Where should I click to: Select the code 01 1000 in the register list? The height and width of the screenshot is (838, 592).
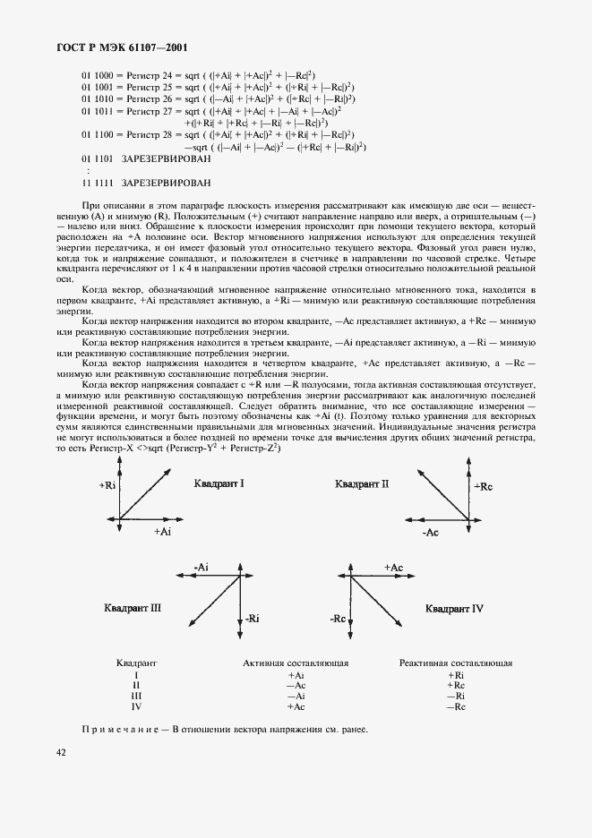point(97,76)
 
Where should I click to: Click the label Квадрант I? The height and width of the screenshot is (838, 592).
point(219,483)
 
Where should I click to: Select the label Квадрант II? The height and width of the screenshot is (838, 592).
point(362,484)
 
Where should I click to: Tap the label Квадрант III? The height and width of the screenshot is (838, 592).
point(133,608)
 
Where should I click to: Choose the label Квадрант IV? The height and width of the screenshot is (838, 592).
point(455,609)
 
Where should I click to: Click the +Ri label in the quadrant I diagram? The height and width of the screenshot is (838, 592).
point(107,484)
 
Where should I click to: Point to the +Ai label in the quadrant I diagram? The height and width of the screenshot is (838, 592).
point(162,532)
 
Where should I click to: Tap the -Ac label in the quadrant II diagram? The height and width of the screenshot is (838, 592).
point(429,533)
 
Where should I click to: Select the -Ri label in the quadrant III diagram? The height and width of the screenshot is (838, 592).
point(252,618)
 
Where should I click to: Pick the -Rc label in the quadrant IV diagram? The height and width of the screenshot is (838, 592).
point(338,619)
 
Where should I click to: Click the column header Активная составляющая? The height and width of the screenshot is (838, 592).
point(296,663)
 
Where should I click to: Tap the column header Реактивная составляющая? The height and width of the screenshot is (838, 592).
point(456,663)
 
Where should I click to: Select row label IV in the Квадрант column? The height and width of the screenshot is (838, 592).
point(136,706)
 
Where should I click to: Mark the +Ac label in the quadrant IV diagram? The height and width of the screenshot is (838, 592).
point(393,568)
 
